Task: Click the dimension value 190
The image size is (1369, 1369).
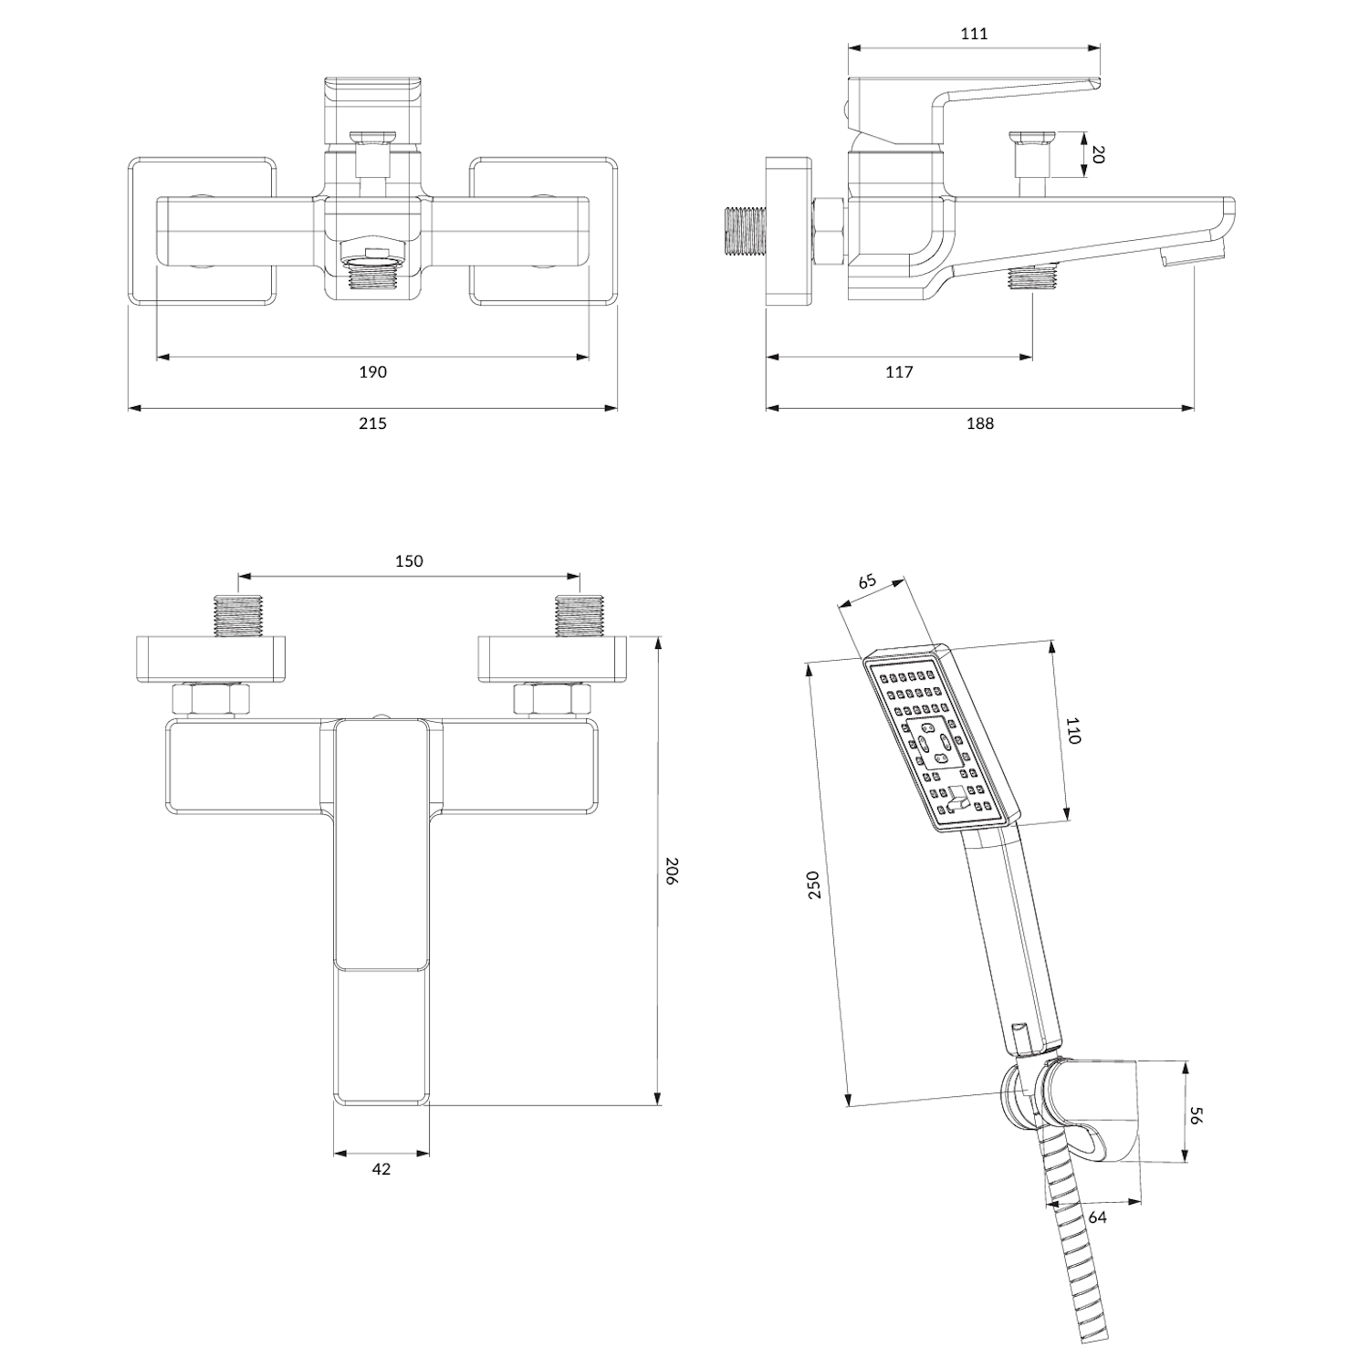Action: (372, 371)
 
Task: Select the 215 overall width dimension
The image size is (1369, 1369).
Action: (372, 423)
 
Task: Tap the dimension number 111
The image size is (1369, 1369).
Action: (974, 34)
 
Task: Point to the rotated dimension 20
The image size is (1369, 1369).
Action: (1097, 154)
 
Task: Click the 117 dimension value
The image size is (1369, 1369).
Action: (899, 371)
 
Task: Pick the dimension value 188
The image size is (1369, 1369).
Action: (979, 423)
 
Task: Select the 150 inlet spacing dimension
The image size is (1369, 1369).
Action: (409, 560)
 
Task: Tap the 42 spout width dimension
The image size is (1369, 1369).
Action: (381, 1168)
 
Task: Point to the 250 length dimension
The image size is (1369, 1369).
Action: (815, 884)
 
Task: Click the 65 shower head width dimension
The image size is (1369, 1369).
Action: (867, 581)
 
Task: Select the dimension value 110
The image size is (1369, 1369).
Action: (1072, 731)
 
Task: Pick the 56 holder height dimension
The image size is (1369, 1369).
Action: (1197, 1115)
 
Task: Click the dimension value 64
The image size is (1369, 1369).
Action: (1097, 1217)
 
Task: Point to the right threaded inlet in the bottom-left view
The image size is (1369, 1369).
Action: (580, 616)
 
